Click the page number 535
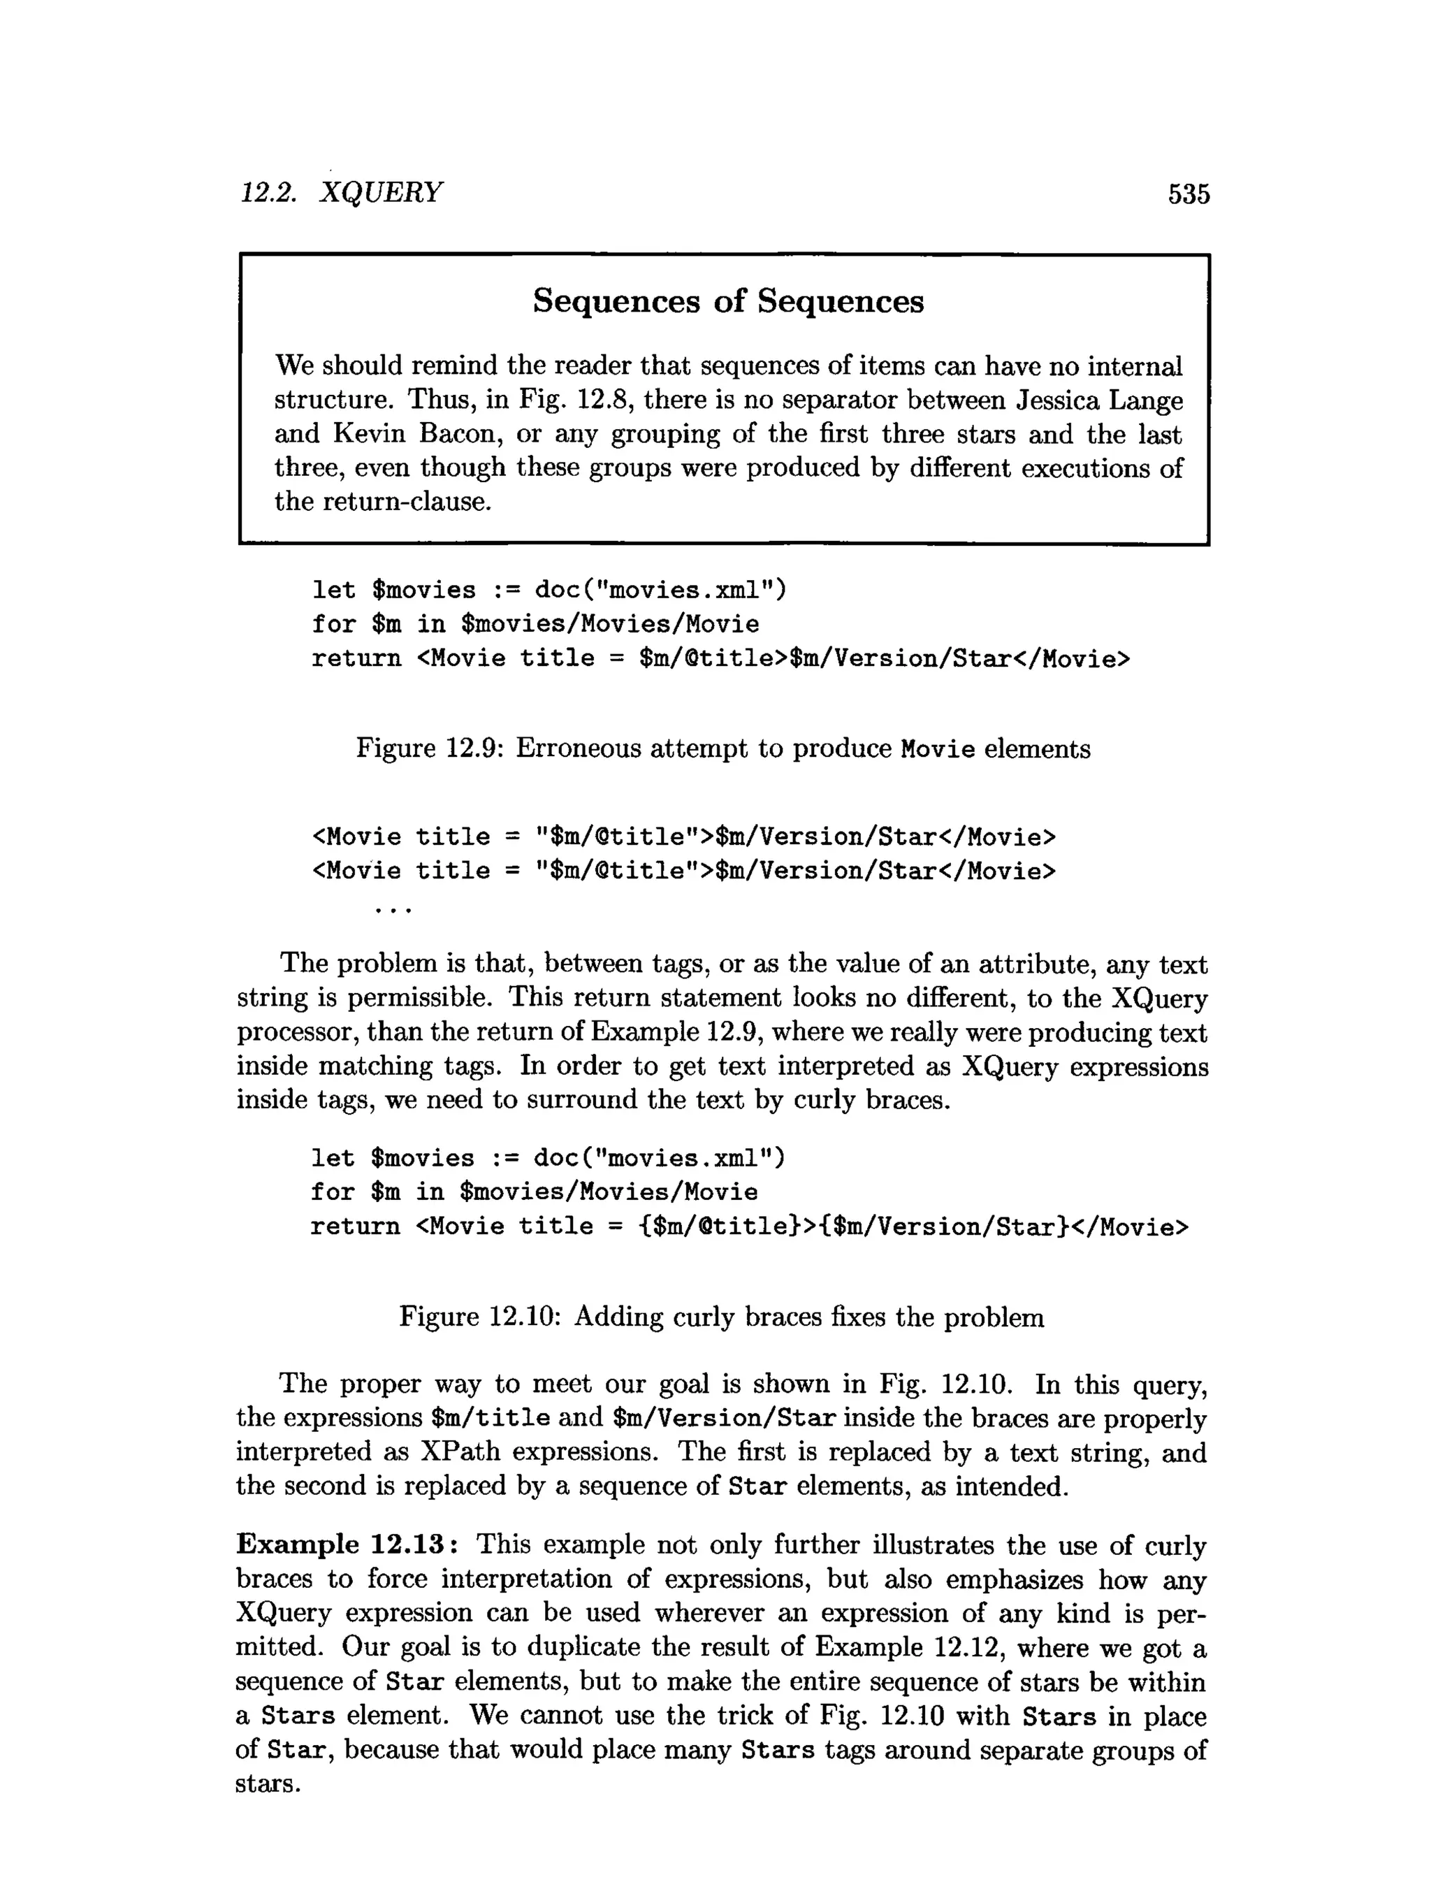pyautogui.click(x=1188, y=194)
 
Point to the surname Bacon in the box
pyautogui.click(x=458, y=434)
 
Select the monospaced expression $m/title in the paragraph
pyautogui.click(x=490, y=1419)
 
